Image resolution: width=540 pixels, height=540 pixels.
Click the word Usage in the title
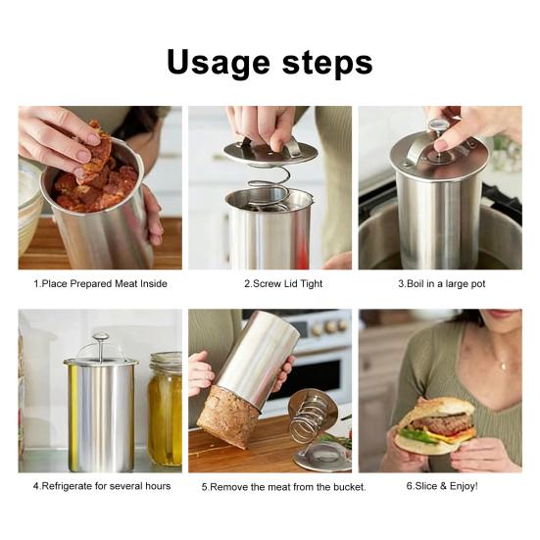pyautogui.click(x=219, y=64)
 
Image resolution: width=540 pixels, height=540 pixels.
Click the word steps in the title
pyautogui.click(x=327, y=64)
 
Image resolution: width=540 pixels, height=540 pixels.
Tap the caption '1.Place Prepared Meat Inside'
pyautogui.click(x=100, y=284)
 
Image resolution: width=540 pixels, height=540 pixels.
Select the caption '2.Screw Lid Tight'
pyautogui.click(x=283, y=284)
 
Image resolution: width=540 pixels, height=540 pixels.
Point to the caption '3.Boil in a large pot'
pyautogui.click(x=442, y=284)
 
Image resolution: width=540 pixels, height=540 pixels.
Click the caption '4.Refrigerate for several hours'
pyautogui.click(x=102, y=486)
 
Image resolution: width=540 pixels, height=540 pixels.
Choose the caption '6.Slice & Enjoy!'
pyautogui.click(x=442, y=486)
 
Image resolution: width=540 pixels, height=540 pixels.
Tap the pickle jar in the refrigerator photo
pyautogui.click(x=165, y=409)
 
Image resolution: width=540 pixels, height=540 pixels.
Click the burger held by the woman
pyautogui.click(x=435, y=425)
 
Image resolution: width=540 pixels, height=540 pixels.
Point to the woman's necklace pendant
pyautogui.click(x=503, y=366)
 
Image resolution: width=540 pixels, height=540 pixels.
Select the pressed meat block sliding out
pyautogui.click(x=227, y=416)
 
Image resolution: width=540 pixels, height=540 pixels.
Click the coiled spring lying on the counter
pyautogui.click(x=310, y=420)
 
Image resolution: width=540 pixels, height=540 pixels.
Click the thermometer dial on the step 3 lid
pyautogui.click(x=438, y=124)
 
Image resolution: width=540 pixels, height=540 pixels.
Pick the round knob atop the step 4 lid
pyautogui.click(x=101, y=336)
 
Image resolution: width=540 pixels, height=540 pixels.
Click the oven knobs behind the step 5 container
pyautogui.click(x=330, y=325)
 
